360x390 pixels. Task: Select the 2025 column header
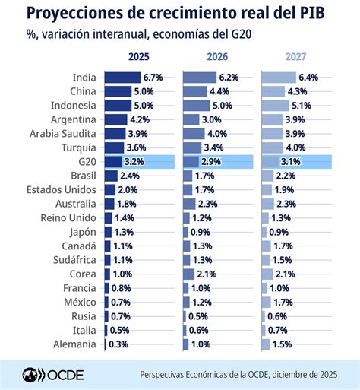pos(138,56)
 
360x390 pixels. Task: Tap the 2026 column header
pos(217,56)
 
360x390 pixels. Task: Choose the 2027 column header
pos(296,56)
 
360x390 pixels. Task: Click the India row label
pos(84,78)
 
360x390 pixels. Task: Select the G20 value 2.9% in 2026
pos(213,161)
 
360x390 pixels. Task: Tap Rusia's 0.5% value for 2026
pos(197,315)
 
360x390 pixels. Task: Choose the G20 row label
pos(85,161)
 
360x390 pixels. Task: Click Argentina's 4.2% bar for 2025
pos(115,119)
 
